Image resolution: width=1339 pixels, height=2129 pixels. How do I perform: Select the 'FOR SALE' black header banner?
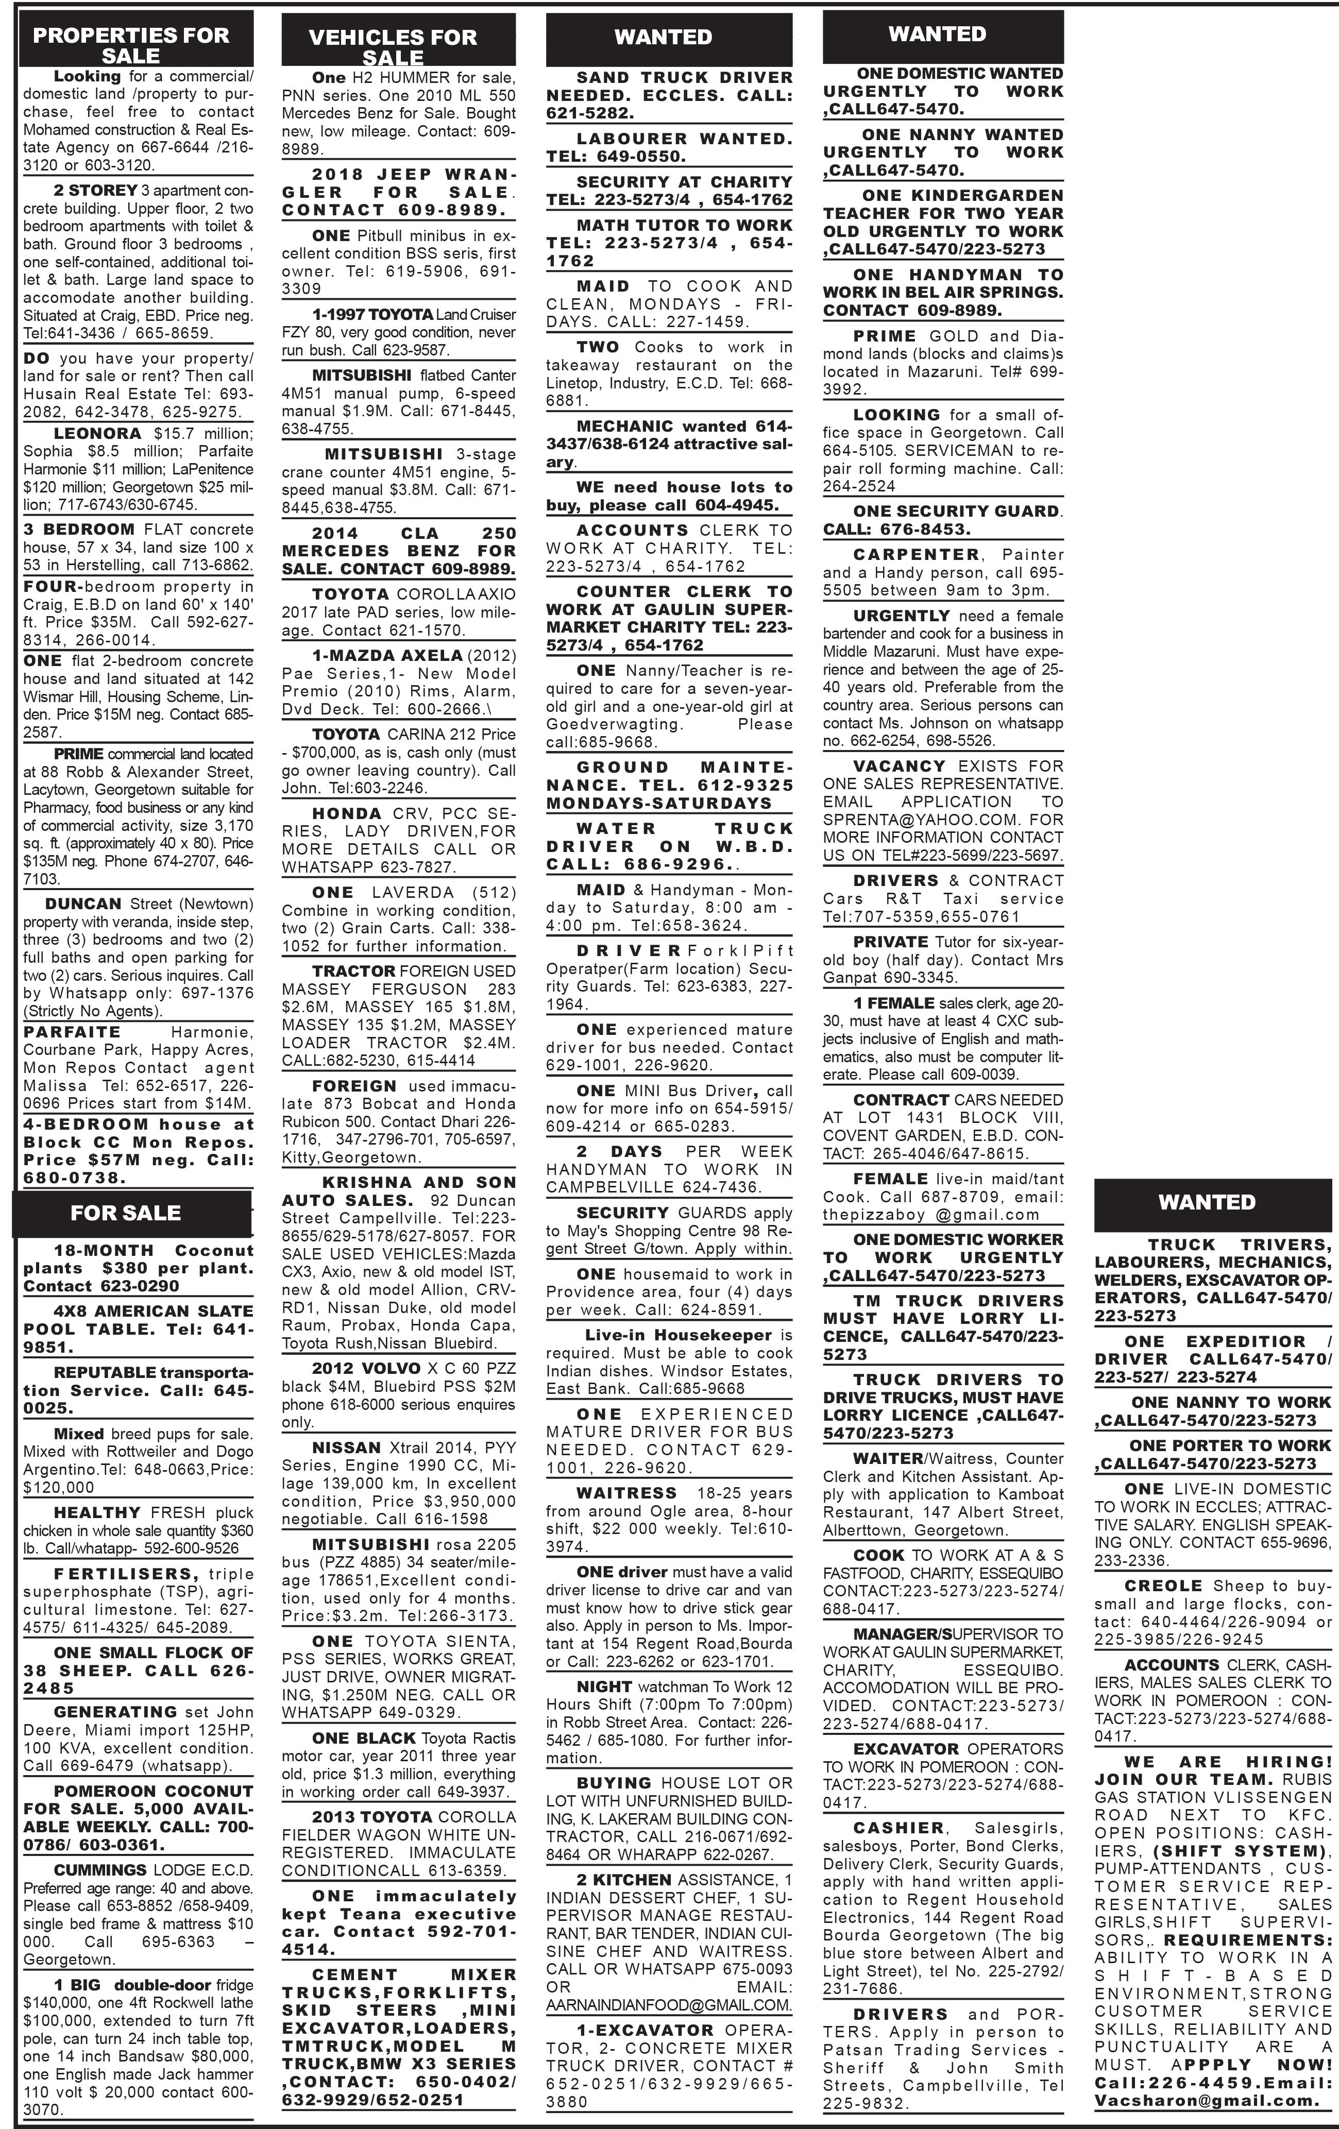(126, 1213)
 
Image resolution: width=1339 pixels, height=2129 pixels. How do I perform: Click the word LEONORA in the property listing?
(97, 433)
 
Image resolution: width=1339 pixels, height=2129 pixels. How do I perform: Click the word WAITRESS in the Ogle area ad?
(626, 1493)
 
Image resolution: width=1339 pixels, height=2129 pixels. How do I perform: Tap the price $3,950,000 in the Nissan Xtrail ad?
(466, 1501)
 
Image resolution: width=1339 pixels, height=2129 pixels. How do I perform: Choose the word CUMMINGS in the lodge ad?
(100, 1870)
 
